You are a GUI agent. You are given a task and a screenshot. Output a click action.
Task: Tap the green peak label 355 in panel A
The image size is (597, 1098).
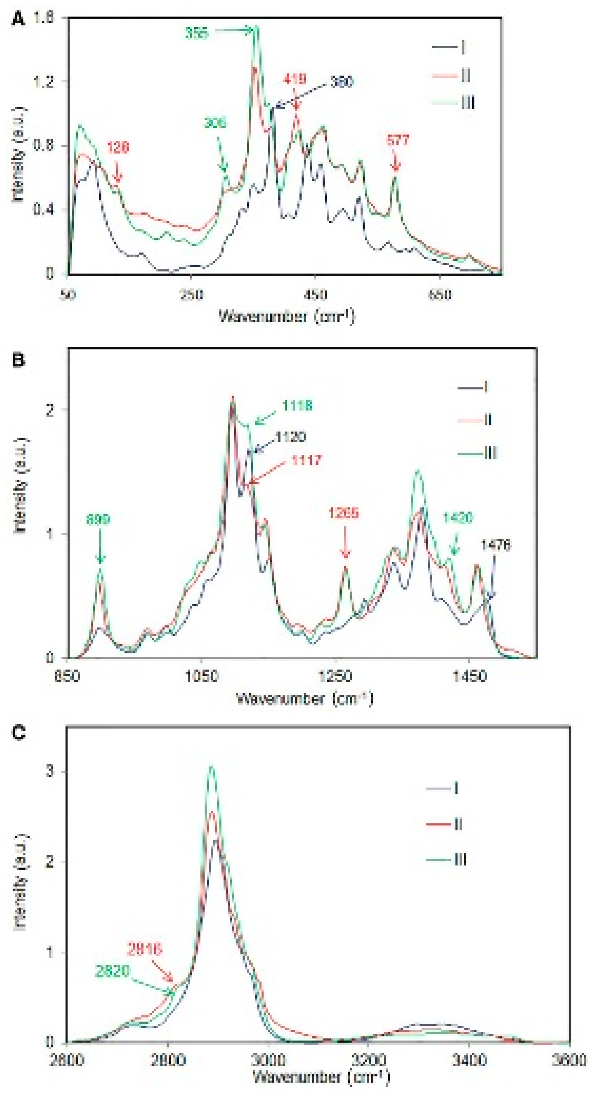(197, 33)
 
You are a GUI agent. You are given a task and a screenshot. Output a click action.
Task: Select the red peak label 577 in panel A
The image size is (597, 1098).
(398, 140)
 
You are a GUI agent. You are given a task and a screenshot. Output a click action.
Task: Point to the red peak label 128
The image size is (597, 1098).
(117, 147)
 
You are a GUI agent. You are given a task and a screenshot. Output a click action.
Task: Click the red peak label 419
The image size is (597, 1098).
(295, 79)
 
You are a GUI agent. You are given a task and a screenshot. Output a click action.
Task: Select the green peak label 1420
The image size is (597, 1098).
(458, 518)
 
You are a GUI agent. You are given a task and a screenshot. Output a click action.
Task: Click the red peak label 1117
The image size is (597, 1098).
(306, 460)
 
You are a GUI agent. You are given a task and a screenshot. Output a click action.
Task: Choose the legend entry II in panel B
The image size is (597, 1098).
(488, 420)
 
